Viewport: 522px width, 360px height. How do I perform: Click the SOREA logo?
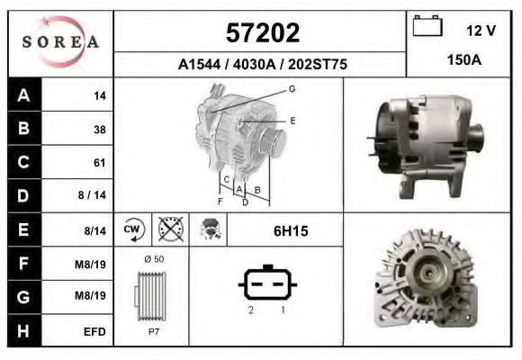(60, 42)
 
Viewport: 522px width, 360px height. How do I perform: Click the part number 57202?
(261, 32)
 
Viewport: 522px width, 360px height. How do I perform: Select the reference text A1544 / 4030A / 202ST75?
(262, 65)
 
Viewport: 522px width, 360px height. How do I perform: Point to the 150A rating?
(463, 60)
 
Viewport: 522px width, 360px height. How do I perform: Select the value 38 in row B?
(99, 130)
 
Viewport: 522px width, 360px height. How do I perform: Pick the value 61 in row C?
(99, 163)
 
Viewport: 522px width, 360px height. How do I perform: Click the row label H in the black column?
(23, 330)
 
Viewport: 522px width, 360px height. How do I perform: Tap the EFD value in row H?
(94, 331)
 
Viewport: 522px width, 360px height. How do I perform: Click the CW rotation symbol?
(133, 229)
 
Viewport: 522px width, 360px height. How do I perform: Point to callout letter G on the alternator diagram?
(292, 88)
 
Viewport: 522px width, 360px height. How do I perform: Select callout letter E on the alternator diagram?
(292, 120)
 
